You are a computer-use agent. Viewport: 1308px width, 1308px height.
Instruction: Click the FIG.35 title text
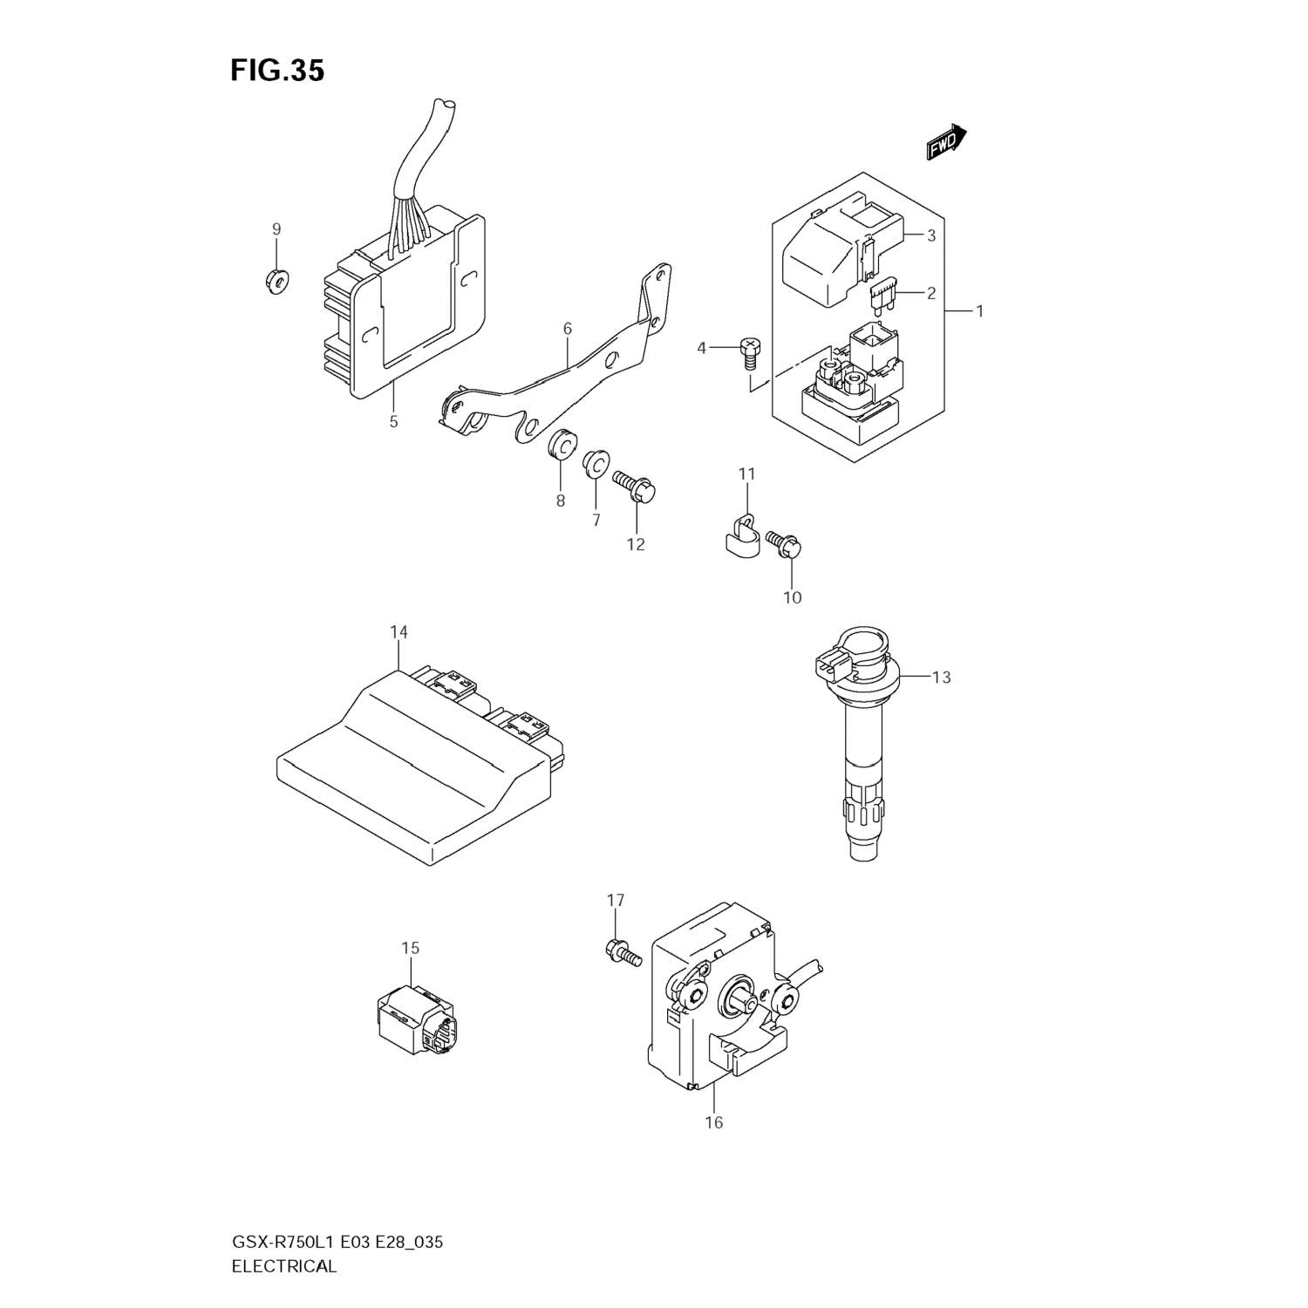[277, 71]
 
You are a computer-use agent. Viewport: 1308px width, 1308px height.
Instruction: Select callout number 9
[276, 229]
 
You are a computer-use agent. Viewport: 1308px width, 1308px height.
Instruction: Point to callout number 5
[393, 422]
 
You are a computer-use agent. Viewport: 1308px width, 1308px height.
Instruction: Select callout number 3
[931, 235]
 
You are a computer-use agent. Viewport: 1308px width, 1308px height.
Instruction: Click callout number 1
[979, 310]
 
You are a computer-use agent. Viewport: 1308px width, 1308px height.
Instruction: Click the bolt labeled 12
[636, 485]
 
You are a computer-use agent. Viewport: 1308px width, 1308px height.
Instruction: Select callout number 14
[399, 632]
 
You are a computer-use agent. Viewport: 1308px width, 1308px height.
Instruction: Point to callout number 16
[714, 1122]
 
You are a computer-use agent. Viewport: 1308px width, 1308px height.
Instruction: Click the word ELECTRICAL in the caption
[283, 1267]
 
